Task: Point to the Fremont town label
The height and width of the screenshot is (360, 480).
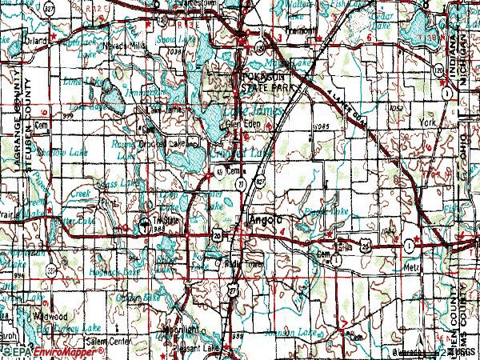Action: (299, 30)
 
